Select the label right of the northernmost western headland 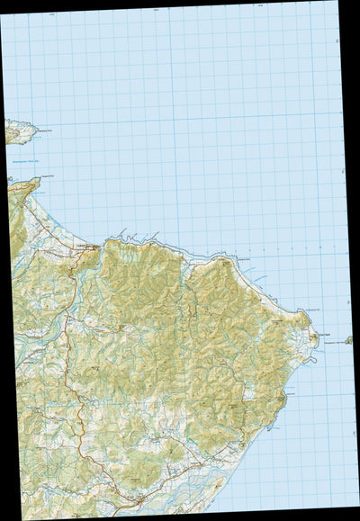coord(43,131)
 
